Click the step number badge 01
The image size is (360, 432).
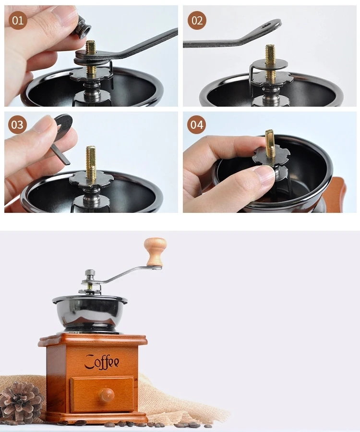[18, 20]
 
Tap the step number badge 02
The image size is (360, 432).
[197, 20]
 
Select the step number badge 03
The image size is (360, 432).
[18, 124]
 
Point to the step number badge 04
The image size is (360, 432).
[196, 124]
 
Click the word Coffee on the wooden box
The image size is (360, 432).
[102, 362]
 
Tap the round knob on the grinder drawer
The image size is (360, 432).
[107, 395]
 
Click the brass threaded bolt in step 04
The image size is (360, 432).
[270, 148]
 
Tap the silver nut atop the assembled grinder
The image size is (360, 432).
[90, 273]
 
